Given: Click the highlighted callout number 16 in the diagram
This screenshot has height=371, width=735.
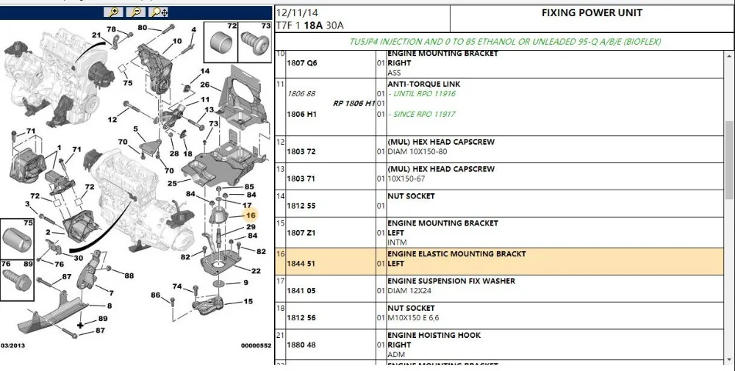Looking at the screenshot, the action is click(251, 215).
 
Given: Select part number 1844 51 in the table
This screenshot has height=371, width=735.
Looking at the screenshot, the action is click(301, 264).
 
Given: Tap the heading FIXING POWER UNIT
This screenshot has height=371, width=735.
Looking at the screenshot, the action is click(592, 12).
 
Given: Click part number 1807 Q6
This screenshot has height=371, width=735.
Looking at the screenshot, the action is click(302, 62).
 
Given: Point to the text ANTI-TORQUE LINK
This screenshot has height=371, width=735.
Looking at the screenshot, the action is click(424, 84).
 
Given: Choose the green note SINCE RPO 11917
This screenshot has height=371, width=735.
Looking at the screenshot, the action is click(424, 114).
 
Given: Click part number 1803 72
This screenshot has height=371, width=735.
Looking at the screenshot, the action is click(301, 152).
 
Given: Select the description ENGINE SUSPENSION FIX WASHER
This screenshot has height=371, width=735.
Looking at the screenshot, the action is click(451, 281).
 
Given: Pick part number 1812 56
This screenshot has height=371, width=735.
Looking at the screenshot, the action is click(301, 317).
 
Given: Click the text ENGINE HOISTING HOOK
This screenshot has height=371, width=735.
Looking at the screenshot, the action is click(434, 336).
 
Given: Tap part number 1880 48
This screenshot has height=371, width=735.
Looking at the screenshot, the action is click(301, 345).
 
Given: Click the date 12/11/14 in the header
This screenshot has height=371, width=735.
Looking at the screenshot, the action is click(297, 12).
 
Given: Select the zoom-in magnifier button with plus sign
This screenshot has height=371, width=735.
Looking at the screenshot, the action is click(113, 12).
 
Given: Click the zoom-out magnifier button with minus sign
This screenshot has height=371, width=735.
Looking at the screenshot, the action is click(136, 12).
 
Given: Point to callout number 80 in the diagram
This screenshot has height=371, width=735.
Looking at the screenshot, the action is click(143, 28).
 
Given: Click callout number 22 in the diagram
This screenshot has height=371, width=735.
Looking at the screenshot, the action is click(256, 271).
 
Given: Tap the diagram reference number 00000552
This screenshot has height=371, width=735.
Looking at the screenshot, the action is click(256, 346).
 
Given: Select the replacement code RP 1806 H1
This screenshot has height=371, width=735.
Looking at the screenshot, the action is click(354, 104).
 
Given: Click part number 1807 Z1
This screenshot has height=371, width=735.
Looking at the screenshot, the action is click(301, 233).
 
